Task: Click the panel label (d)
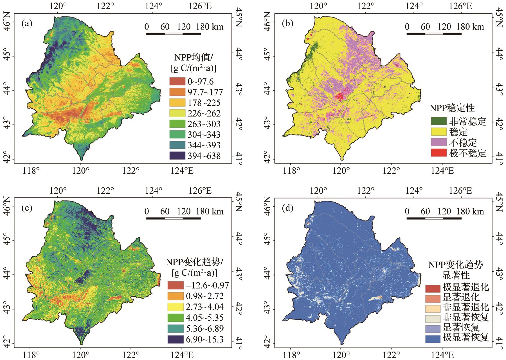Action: [287, 208]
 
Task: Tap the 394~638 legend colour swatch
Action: [177, 156]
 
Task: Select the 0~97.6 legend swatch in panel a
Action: [177, 82]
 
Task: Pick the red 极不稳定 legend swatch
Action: [438, 153]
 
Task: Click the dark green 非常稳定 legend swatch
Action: [438, 121]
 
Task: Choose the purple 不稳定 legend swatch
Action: [438, 142]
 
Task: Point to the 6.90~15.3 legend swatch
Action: [175, 339]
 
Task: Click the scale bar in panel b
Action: [434, 34]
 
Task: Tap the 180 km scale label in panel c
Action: [210, 211]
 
